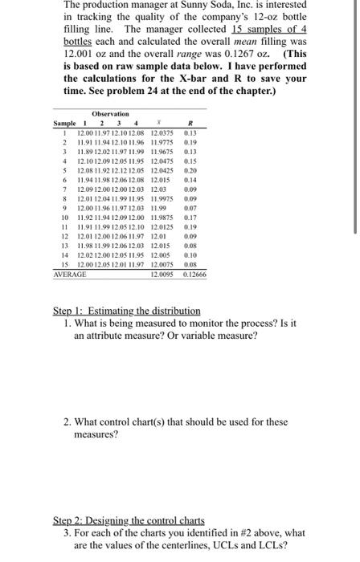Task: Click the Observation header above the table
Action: point(110,114)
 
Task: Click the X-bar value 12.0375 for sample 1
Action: point(162,132)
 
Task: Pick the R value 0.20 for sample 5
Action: point(190,171)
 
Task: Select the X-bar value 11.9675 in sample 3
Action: point(162,151)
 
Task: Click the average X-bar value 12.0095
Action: point(162,275)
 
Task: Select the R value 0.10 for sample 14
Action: point(190,257)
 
